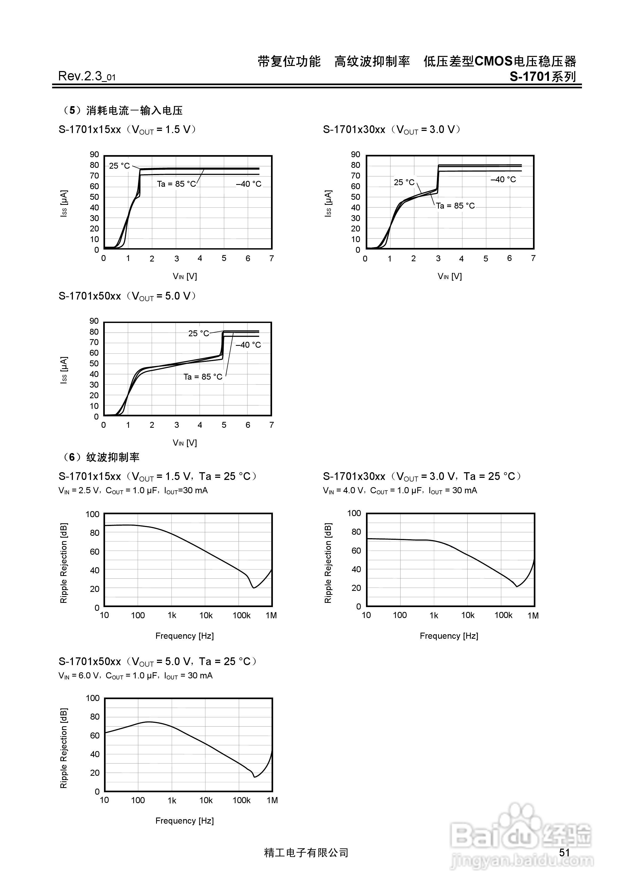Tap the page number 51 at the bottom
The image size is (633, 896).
point(564,852)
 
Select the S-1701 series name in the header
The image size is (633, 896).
point(543,77)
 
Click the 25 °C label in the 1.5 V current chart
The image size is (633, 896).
point(119,166)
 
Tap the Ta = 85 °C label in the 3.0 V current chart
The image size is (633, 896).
point(455,206)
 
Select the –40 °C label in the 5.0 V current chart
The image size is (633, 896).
point(248,345)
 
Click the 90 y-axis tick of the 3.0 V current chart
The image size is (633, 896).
point(356,155)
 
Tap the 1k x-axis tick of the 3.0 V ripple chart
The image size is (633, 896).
point(434,615)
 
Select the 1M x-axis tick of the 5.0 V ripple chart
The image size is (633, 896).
point(272,800)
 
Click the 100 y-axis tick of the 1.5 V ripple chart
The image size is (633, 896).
point(93,514)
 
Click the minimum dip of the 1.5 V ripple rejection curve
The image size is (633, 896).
point(254,587)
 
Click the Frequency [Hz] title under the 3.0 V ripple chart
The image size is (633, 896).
point(449,636)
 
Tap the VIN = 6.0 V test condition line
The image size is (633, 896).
point(135,675)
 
